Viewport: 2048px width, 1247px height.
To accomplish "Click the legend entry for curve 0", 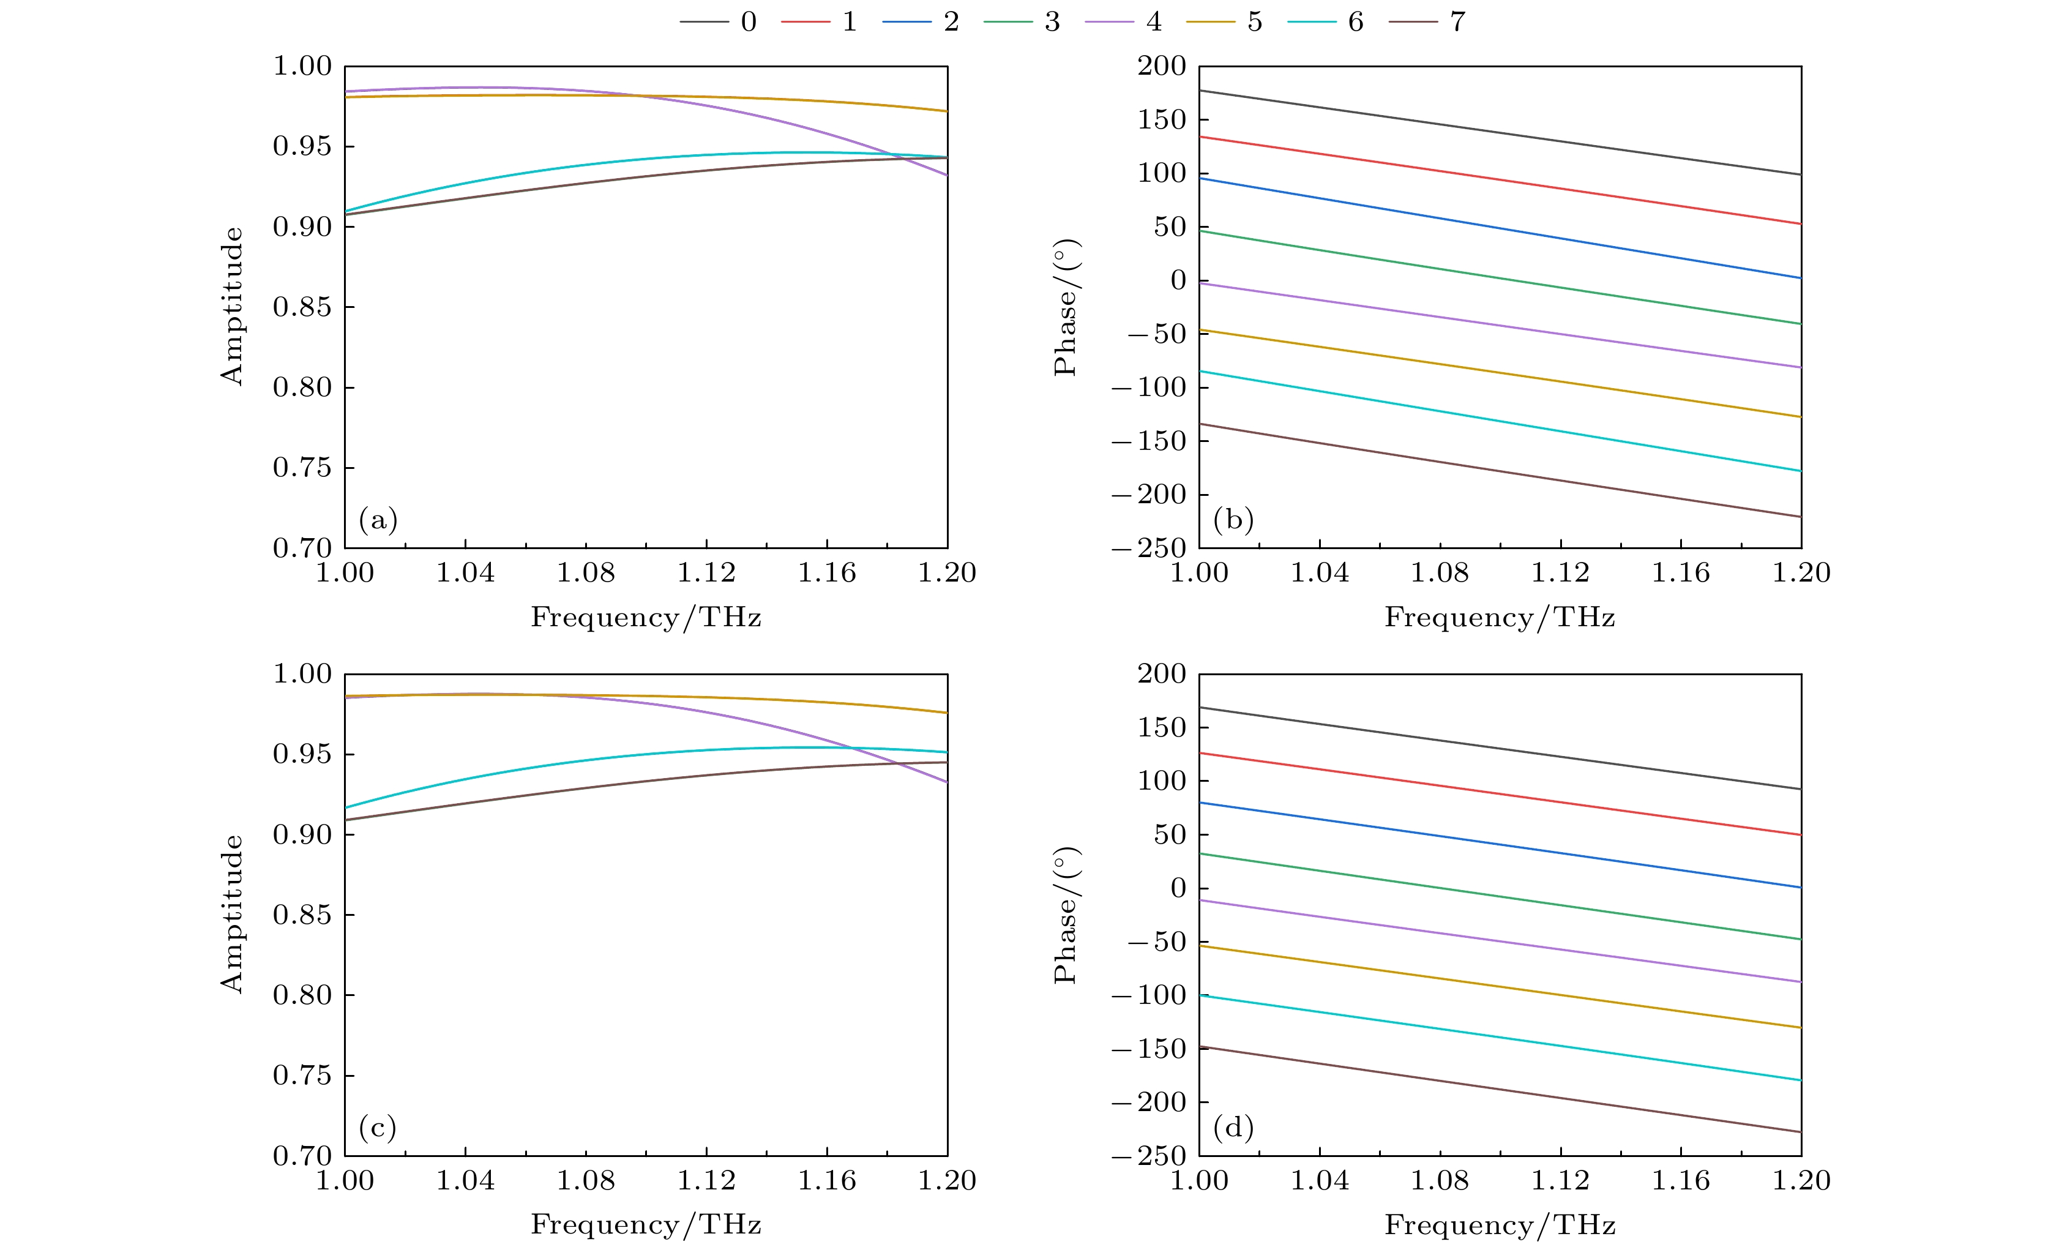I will coord(720,21).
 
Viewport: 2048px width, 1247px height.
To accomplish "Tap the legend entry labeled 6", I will coord(1326,21).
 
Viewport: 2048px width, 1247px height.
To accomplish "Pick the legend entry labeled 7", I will coord(1428,21).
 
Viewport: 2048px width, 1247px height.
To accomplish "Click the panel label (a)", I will coord(378,520).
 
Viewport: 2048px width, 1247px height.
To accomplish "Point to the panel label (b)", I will coord(1233,520).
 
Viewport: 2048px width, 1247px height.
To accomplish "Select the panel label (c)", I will coord(378,1128).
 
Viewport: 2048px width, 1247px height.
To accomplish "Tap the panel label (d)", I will coord(1233,1128).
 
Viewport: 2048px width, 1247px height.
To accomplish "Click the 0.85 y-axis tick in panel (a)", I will coord(302,307).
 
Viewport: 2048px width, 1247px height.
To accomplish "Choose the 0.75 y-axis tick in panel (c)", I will coord(302,1076).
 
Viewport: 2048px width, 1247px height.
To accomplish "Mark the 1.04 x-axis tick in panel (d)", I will coord(1319,1180).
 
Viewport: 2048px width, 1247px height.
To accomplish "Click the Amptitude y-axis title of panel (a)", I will coord(232,306).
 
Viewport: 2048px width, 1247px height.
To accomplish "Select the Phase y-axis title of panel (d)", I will coord(1065,915).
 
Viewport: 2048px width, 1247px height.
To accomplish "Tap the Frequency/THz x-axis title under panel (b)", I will coord(1500,618).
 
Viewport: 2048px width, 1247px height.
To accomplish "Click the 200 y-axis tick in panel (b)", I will coord(1162,67).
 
